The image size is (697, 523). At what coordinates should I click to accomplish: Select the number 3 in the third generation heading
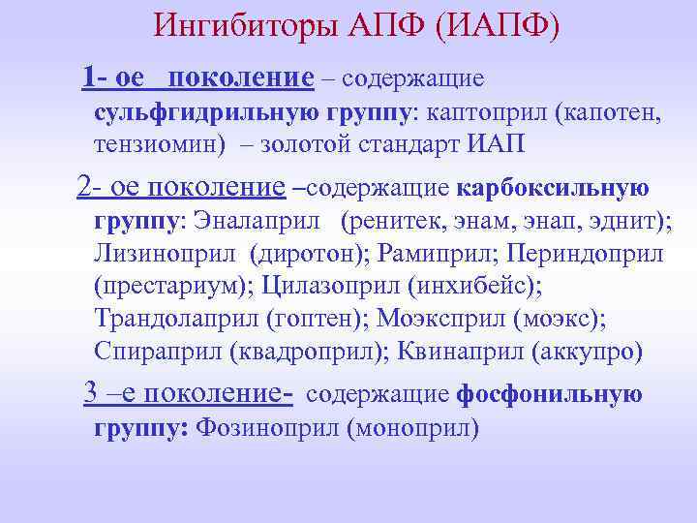pos(90,392)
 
